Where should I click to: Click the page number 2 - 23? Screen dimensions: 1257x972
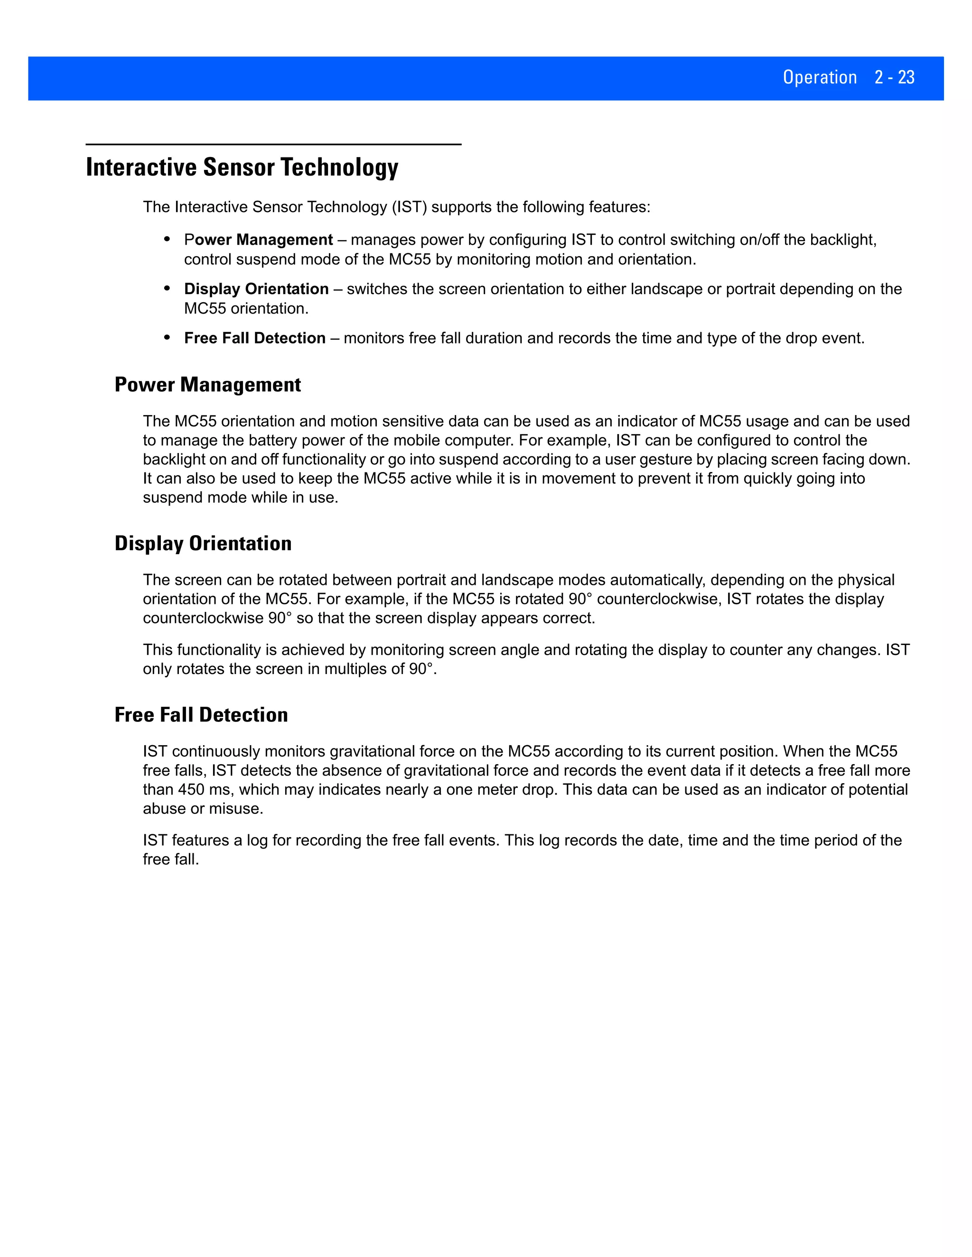(894, 77)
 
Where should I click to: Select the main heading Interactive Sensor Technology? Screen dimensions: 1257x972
(242, 167)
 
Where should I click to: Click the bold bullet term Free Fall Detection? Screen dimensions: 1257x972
(254, 338)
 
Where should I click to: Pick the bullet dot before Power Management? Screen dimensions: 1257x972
(167, 238)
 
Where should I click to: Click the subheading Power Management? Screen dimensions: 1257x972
(207, 385)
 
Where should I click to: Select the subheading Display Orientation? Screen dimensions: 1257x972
(203, 543)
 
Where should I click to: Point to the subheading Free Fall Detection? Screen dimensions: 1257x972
(201, 715)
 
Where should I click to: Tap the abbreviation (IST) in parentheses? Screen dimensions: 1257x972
(410, 207)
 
